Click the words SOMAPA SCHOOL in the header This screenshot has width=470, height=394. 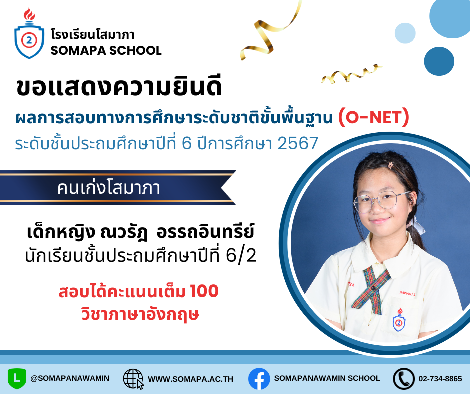[x=106, y=50]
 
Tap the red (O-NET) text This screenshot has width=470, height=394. [x=374, y=117]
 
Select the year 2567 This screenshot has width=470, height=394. [x=298, y=143]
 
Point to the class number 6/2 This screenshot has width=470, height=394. [x=241, y=256]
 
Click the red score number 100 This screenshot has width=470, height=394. [x=204, y=291]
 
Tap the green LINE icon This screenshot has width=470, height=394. [x=17, y=379]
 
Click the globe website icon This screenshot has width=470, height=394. [x=133, y=379]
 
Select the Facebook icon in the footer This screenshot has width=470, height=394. [x=259, y=379]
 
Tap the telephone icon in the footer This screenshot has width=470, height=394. [x=404, y=379]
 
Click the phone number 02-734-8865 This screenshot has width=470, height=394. [x=440, y=379]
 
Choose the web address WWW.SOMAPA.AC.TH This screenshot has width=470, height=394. [x=190, y=379]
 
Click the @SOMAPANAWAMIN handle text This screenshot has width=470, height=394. [x=70, y=378]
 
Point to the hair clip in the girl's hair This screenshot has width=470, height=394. [x=390, y=165]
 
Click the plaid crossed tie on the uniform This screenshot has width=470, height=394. [x=371, y=288]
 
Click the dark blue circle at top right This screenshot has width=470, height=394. [x=439, y=61]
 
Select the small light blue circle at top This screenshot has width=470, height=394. [x=405, y=33]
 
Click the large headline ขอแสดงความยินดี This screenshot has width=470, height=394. [x=119, y=87]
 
